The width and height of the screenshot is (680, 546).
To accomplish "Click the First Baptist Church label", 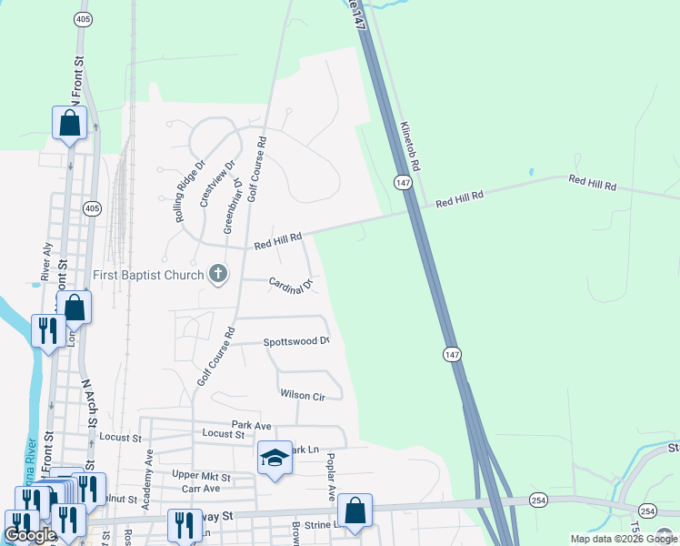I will [148, 274].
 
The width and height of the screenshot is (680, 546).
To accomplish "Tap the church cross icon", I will [217, 273].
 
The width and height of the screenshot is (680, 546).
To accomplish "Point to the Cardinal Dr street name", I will [290, 285].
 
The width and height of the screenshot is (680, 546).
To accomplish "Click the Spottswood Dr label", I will [295, 341].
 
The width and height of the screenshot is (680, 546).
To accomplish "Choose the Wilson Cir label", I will [303, 395].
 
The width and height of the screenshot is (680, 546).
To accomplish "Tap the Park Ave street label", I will [252, 425].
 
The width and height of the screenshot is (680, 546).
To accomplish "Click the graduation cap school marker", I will [274, 459].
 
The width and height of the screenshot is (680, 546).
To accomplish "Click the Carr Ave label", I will [201, 489].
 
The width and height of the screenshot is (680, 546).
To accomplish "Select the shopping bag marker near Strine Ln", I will [355, 511].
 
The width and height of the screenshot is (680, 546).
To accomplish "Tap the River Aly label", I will [45, 260].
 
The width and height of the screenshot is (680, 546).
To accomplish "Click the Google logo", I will [29, 535].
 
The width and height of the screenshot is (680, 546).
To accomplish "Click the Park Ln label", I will [305, 450].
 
